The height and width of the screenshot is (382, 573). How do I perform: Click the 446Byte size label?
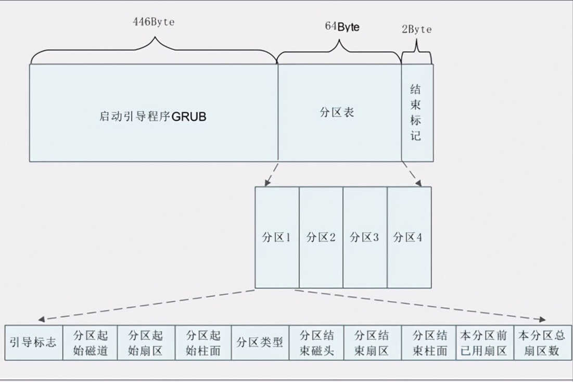pyautogui.click(x=154, y=22)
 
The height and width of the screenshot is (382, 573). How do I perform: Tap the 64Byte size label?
pyautogui.click(x=342, y=27)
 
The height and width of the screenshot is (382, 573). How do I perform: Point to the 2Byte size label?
pyautogui.click(x=416, y=29)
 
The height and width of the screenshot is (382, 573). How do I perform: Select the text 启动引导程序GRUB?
pyautogui.click(x=153, y=116)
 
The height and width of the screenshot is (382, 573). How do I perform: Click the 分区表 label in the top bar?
pyautogui.click(x=337, y=112)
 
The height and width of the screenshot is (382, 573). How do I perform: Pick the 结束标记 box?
pyautogui.click(x=417, y=112)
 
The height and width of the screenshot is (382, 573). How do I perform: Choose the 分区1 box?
pyautogui.click(x=277, y=237)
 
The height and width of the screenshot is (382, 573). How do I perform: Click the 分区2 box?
pyautogui.click(x=321, y=237)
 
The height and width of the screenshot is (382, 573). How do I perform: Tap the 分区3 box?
pyautogui.click(x=365, y=237)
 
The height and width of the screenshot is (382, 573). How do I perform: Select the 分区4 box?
pyautogui.click(x=409, y=237)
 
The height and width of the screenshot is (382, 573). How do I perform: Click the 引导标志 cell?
pyautogui.click(x=34, y=342)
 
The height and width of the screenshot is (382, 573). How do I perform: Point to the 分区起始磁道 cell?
pyautogui.click(x=90, y=342)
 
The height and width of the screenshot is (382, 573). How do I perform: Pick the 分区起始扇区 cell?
pyautogui.click(x=146, y=342)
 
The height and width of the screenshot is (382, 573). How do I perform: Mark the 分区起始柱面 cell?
pyautogui.click(x=203, y=342)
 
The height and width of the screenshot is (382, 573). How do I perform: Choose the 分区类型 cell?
pyautogui.click(x=260, y=342)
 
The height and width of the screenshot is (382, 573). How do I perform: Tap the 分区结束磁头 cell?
pyautogui.click(x=316, y=342)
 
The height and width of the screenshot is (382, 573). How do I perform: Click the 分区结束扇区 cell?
pyautogui.click(x=373, y=342)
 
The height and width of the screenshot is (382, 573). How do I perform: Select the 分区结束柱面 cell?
pyautogui.click(x=429, y=342)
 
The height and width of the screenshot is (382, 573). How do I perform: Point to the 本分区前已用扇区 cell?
pyautogui.click(x=485, y=342)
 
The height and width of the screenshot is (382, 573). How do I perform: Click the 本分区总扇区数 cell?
pyautogui.click(x=543, y=342)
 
